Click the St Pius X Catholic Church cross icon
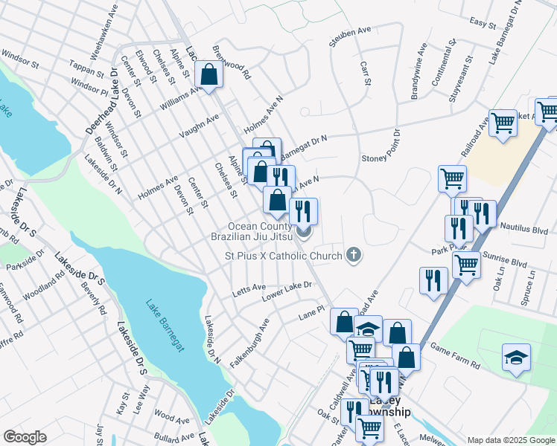[354, 256]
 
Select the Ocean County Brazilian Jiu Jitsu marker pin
[304, 233]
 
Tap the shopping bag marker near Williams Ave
[209, 74]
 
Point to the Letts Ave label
[248, 288]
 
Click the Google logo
[25, 437]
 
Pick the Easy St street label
[483, 25]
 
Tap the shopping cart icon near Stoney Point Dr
[452, 178]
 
